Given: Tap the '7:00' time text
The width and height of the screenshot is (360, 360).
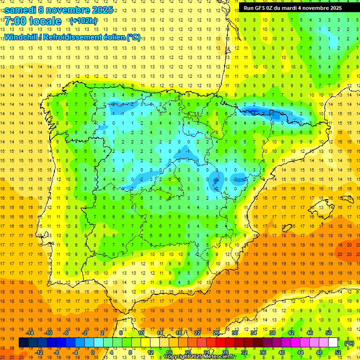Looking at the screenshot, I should point(15,22).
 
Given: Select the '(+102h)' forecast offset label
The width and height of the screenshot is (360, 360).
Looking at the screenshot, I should point(83,21).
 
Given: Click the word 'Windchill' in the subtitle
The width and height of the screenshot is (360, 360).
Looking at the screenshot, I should point(22,37).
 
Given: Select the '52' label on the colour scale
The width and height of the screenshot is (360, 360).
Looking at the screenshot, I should point(338,353).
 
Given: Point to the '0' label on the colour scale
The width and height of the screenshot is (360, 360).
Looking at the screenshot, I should point(92,353).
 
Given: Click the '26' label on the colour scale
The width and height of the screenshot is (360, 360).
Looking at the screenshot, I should point(216,333).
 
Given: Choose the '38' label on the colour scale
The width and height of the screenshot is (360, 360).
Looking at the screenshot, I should point(272,333).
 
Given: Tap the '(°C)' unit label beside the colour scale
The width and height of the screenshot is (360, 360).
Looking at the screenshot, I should point(349,343).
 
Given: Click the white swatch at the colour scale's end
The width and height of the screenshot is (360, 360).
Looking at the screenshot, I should point(333,343).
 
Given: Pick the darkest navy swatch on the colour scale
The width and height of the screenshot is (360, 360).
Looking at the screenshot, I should point(23,343).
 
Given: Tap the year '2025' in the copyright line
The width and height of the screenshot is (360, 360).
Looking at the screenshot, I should point(194,357).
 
